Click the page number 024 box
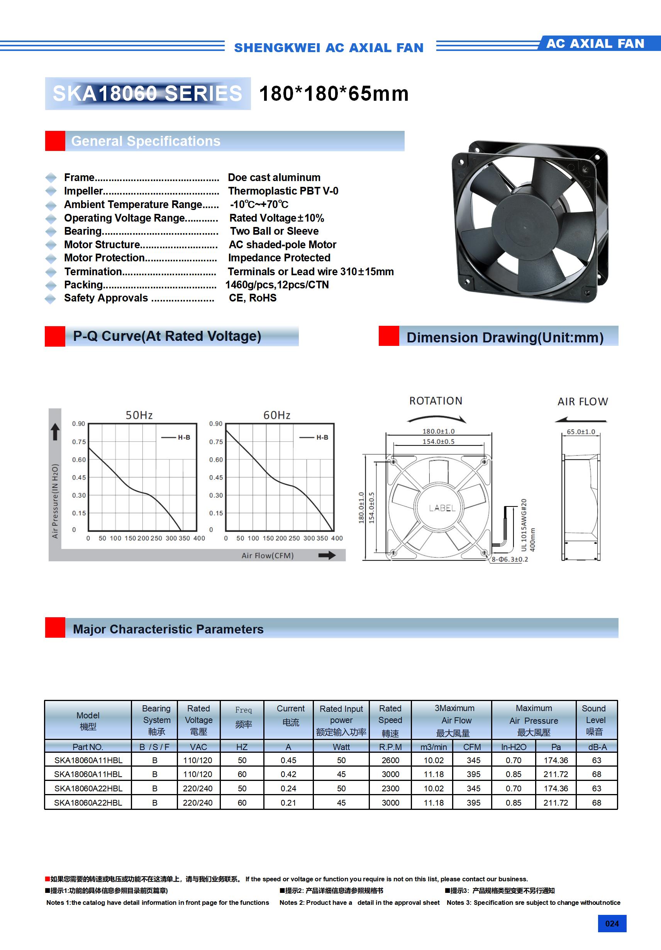pos(612,923)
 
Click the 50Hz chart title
pos(139,415)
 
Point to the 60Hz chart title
pos(277,415)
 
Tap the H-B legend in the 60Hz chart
pos(315,437)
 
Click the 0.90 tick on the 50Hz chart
pos(78,424)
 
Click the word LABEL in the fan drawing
pos(442,508)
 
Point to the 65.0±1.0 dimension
pos(581,432)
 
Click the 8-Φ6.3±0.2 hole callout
pos(510,559)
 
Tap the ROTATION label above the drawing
pos(436,401)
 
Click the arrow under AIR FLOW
pos(581,420)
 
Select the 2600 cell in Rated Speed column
pos(390,760)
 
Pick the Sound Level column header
pos(594,720)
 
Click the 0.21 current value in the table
pos(288,803)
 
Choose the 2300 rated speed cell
pos(390,789)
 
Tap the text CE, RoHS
pos(253,298)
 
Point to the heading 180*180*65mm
pos(334,93)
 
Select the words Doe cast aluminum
pos(274,178)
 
